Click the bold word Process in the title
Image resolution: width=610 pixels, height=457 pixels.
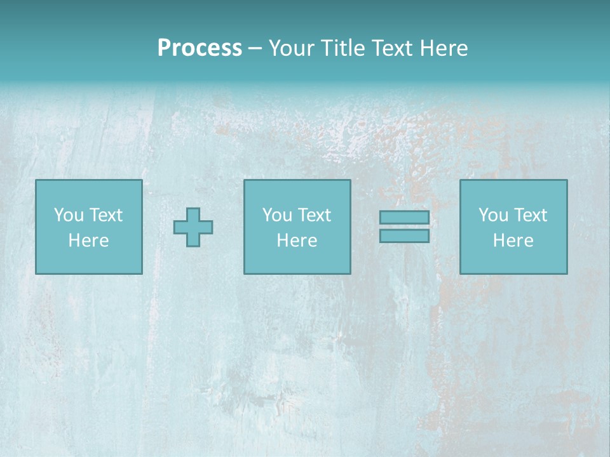point(200,48)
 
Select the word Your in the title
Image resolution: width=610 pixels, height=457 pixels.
point(289,48)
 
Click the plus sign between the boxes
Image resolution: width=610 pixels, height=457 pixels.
point(193,227)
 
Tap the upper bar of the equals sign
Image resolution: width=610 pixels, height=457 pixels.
point(404,218)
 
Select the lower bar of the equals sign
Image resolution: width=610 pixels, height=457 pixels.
point(404,235)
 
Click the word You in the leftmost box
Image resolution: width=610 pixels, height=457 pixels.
point(69,215)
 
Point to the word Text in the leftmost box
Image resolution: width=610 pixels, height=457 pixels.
point(105,215)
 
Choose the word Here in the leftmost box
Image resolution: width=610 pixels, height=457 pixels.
point(88,241)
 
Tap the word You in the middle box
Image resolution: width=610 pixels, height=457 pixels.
point(277,215)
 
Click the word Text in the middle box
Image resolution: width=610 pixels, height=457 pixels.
point(314,215)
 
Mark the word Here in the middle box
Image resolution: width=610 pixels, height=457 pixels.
point(297,241)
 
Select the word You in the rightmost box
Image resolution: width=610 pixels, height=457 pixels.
point(493,215)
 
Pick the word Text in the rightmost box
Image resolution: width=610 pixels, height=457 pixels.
point(530,215)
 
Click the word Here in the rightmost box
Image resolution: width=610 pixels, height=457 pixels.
point(513,241)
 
